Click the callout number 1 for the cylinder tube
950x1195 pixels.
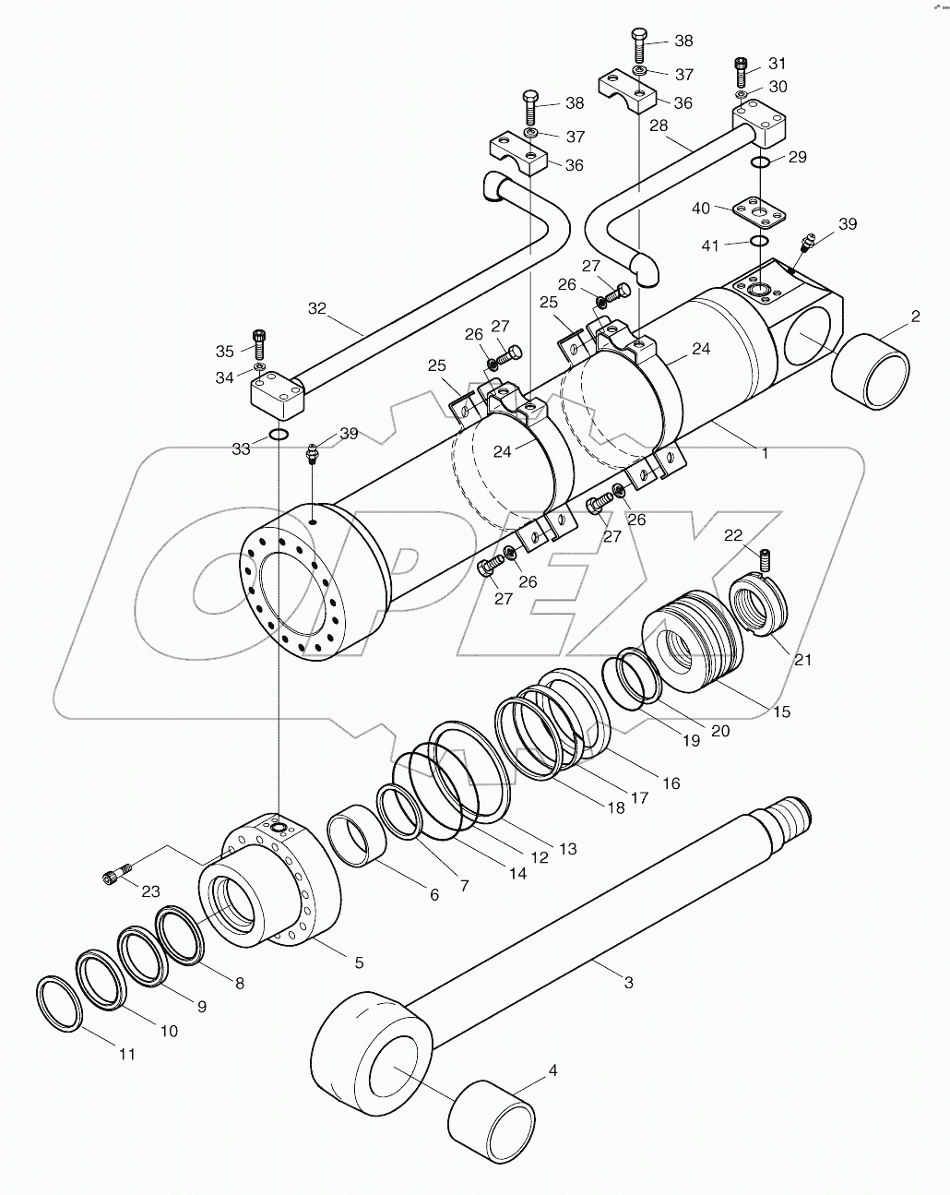(x=764, y=453)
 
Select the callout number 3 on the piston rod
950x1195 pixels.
(x=628, y=983)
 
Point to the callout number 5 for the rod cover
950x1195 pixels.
(x=359, y=962)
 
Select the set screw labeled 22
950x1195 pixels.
(x=764, y=559)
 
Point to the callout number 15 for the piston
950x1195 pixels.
(x=782, y=711)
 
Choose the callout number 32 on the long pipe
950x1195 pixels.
(x=317, y=308)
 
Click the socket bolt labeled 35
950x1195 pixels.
(x=258, y=344)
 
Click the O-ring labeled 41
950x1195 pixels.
(x=759, y=241)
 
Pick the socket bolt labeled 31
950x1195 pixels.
(x=741, y=66)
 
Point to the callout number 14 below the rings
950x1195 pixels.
(x=517, y=872)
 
